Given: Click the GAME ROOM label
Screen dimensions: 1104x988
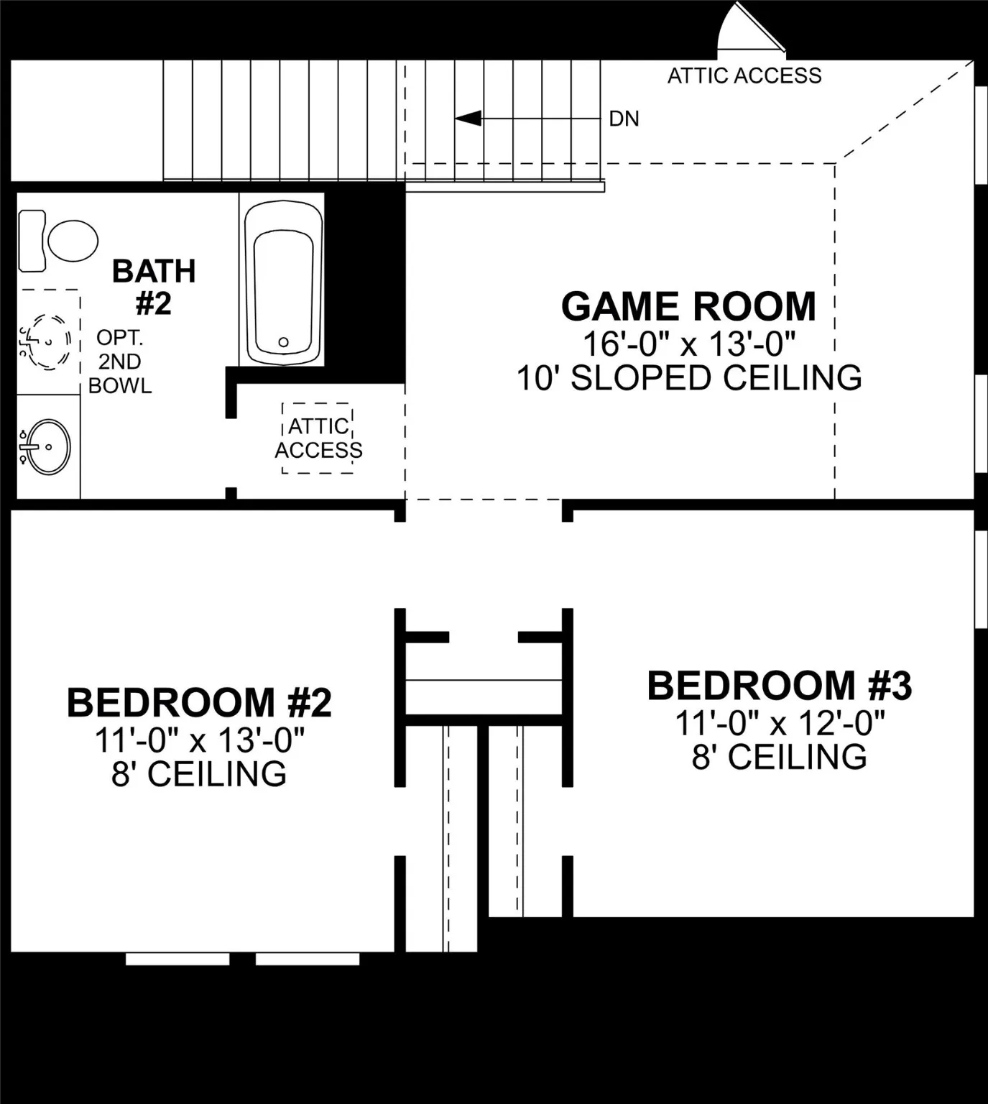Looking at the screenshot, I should (x=688, y=307).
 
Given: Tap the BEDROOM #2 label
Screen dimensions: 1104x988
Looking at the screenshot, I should (x=199, y=702).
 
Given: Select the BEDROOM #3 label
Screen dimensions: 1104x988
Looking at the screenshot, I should (x=780, y=686).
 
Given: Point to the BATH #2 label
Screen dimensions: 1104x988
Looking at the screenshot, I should (x=154, y=287).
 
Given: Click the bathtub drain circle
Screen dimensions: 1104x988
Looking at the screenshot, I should (x=283, y=342).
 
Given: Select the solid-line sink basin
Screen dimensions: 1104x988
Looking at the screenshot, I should (x=47, y=446).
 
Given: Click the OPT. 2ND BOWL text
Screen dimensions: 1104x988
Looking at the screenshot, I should (x=120, y=362).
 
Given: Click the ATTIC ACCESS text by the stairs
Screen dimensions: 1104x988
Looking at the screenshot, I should (x=744, y=75).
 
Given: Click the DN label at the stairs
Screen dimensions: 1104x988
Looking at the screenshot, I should (x=624, y=119).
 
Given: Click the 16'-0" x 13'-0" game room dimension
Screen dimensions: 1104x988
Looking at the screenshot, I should (x=688, y=344).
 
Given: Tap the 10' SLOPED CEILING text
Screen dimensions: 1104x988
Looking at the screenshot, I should (x=689, y=378).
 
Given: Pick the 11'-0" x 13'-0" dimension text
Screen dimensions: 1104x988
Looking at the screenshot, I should (x=199, y=740).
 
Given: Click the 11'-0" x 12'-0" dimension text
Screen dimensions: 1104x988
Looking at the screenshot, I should (x=780, y=722).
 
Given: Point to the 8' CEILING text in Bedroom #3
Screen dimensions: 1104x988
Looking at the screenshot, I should (x=780, y=757).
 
